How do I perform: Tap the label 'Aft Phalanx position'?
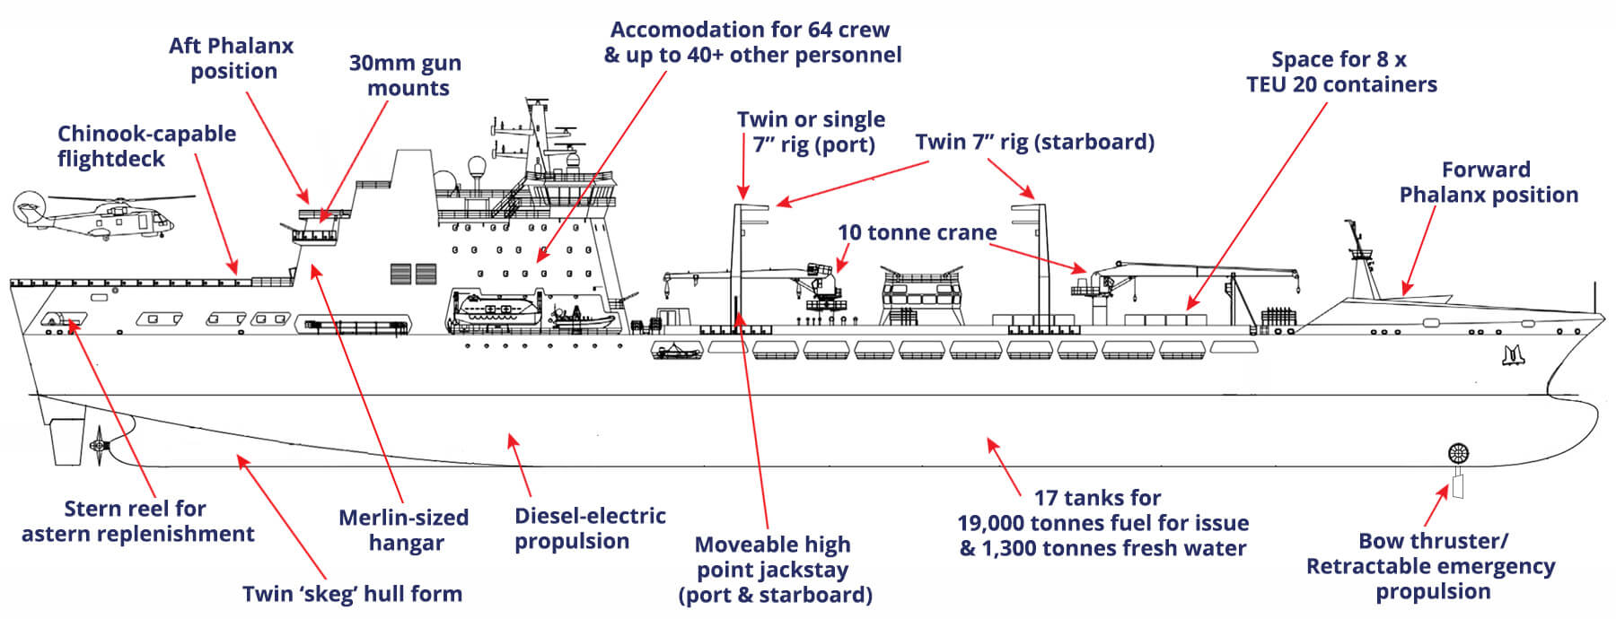(232, 58)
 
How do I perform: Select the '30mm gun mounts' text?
(406, 75)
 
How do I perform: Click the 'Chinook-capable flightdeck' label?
(146, 146)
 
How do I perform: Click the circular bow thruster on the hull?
(1458, 453)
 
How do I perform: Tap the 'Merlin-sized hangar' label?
(404, 530)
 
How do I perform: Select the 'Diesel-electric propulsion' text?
(590, 528)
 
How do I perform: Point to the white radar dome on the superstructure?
(476, 168)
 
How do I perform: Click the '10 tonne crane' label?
(917, 232)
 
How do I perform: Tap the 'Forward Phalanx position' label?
(1488, 182)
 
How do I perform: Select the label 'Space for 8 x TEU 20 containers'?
(1340, 72)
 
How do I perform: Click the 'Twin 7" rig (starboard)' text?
(1034, 142)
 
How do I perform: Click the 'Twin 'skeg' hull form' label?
(352, 594)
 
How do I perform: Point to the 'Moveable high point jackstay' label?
(773, 570)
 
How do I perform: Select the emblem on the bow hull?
(1514, 356)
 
